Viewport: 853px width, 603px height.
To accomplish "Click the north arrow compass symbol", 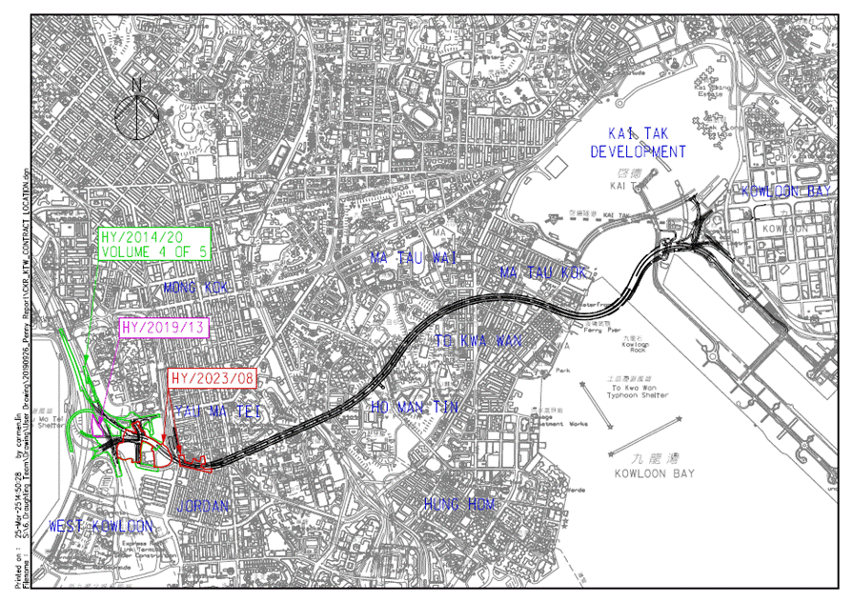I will (136, 113).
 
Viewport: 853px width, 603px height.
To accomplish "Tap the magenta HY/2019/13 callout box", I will (165, 327).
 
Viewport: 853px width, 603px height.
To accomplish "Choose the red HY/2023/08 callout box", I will (212, 378).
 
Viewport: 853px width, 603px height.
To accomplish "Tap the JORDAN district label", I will (203, 506).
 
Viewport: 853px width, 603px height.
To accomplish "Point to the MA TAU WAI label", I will (415, 257).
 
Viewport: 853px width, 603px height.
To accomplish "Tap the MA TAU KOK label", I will (542, 273).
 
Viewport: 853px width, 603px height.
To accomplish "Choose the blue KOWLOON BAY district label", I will (786, 191).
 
